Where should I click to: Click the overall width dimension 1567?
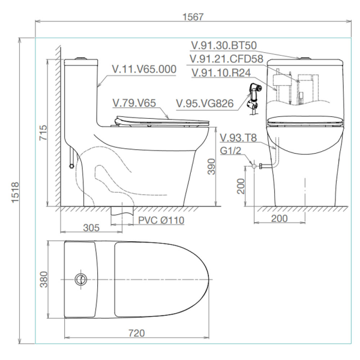click(x=193, y=17)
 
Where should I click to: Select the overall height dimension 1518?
click(x=16, y=193)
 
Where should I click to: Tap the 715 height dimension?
click(x=43, y=133)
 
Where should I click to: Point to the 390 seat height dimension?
click(x=211, y=166)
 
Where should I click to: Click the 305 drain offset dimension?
click(x=91, y=228)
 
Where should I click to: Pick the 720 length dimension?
click(x=137, y=333)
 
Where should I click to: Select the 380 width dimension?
click(x=44, y=280)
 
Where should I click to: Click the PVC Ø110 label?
click(x=161, y=220)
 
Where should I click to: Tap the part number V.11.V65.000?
click(x=144, y=69)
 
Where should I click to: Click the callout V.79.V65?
click(x=134, y=103)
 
